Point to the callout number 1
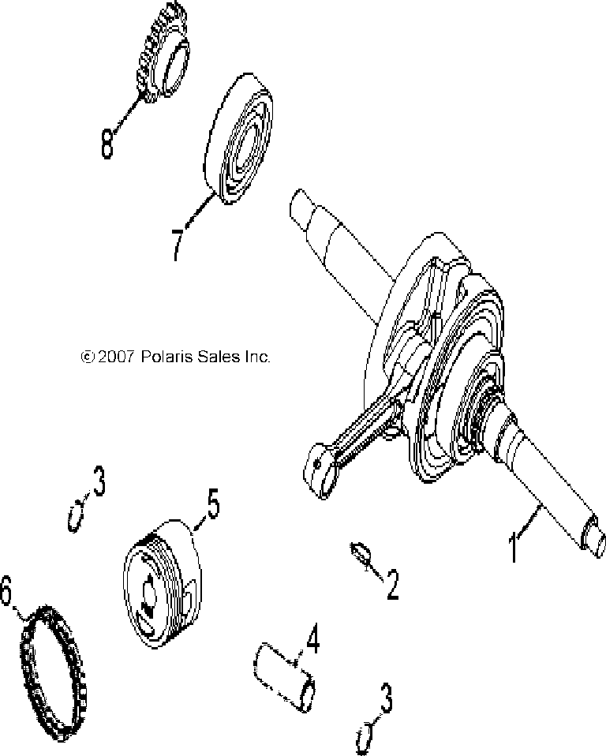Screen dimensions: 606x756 click(x=514, y=546)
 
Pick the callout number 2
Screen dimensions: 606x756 click(x=391, y=584)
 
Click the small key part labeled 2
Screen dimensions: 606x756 click(x=360, y=552)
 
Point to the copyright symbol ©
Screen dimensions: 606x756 click(x=88, y=357)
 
